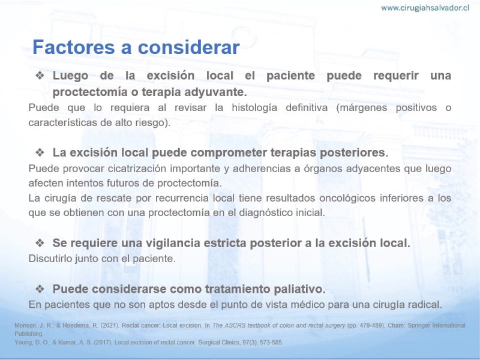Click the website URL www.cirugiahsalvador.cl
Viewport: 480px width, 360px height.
tap(425, 8)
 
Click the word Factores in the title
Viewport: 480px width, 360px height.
tap(74, 47)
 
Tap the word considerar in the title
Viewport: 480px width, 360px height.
tap(189, 47)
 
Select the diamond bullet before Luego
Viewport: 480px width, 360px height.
tap(40, 76)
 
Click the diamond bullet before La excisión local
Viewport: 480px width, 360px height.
tap(40, 152)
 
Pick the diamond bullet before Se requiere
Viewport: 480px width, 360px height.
tap(40, 243)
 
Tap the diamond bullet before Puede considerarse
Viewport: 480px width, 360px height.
tap(40, 289)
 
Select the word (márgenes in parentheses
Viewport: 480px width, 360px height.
tap(362, 108)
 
